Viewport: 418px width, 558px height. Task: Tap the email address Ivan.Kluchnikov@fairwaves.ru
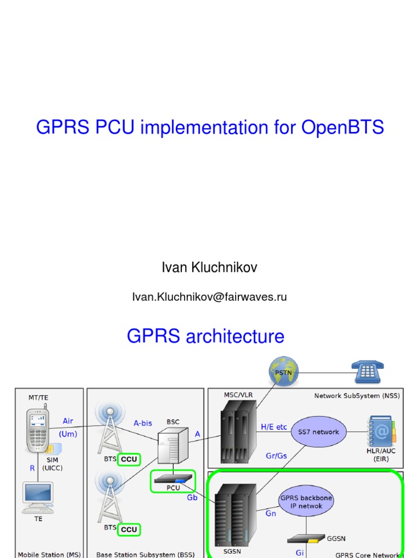[210, 297]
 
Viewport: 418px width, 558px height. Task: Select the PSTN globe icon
[284, 372]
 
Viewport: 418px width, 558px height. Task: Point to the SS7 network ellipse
[318, 432]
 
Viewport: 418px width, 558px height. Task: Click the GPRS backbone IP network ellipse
[305, 502]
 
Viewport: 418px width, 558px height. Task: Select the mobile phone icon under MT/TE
[38, 430]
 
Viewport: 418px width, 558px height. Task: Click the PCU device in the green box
[173, 479]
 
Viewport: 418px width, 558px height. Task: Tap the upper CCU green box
[129, 459]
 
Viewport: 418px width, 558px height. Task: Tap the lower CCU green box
[129, 529]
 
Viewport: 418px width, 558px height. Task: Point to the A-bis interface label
[143, 422]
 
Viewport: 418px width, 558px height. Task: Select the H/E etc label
[274, 427]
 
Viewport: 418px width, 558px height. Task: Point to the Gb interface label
[192, 498]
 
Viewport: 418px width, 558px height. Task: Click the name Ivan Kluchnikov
[210, 268]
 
